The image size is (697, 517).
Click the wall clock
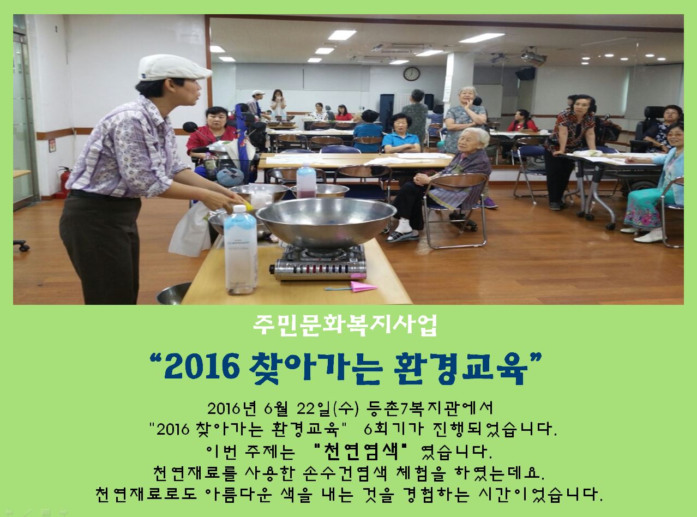click(411, 74)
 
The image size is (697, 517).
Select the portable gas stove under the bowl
click(319, 262)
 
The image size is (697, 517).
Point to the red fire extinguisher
click(64, 182)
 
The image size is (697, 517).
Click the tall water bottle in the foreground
click(240, 250)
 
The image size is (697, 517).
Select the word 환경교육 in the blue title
click(460, 368)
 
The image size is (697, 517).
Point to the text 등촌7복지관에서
click(430, 407)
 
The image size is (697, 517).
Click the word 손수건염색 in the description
click(345, 473)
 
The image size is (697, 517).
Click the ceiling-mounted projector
click(533, 57)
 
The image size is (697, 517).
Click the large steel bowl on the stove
click(326, 221)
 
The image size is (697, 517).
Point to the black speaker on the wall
click(525, 74)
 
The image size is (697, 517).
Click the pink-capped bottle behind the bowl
click(306, 181)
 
